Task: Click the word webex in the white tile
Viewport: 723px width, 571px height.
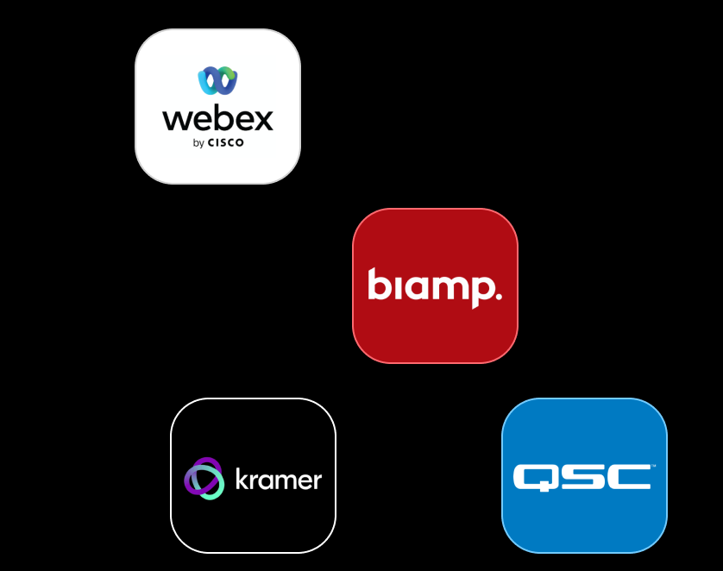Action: coord(217,118)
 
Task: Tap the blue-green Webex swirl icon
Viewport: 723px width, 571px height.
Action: coord(217,80)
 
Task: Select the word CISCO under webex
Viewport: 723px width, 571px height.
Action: coord(226,143)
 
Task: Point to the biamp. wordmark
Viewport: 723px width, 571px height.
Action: coord(434,285)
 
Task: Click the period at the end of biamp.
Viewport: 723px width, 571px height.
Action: coord(497,296)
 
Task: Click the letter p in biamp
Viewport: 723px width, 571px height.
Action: coord(480,289)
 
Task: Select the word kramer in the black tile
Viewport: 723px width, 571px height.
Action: coord(278,480)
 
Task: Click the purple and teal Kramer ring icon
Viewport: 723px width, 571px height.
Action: coord(204,479)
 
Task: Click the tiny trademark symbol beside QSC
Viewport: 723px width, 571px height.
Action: coord(653,467)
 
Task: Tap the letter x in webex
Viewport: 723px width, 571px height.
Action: coord(261,119)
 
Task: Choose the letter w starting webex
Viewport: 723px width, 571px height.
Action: coord(175,119)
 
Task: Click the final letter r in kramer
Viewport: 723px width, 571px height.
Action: coord(317,480)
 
